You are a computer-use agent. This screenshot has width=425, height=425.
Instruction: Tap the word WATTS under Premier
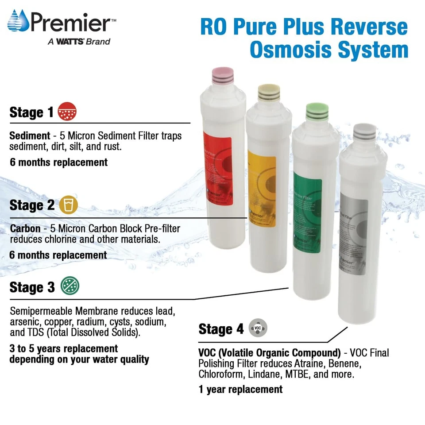click(x=62, y=42)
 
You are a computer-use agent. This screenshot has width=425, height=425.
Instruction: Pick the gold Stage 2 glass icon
click(x=68, y=205)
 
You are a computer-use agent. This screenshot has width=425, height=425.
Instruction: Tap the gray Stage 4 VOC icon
click(x=258, y=328)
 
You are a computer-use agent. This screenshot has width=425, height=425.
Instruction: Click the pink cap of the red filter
click(x=218, y=75)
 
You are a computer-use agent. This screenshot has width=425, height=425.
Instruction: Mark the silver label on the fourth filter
click(x=354, y=236)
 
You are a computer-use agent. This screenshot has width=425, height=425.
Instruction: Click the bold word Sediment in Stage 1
click(x=30, y=136)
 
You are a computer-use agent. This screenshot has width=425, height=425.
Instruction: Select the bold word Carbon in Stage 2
click(x=26, y=228)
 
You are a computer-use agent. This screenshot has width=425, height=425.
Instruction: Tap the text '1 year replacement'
click(x=240, y=389)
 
